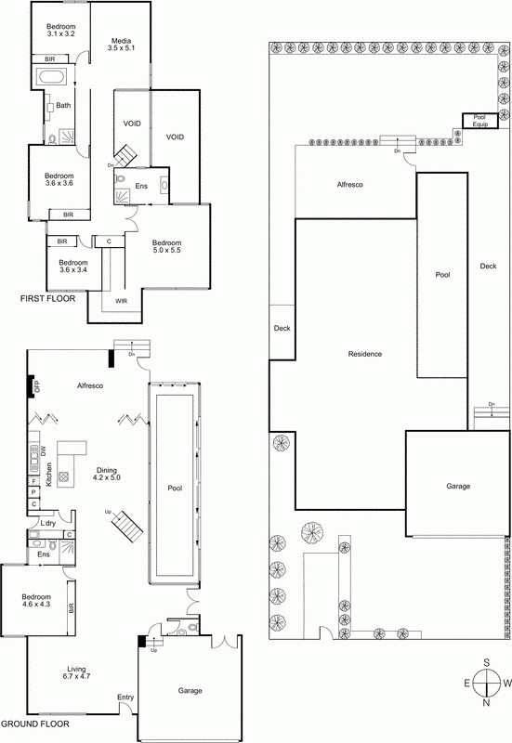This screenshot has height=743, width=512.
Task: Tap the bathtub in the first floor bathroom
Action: [52, 77]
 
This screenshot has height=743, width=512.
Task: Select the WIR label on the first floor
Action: [122, 301]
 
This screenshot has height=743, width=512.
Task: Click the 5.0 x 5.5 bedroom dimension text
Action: [166, 250]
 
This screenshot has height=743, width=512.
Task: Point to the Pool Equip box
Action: [480, 121]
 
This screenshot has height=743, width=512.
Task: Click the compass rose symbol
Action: [487, 683]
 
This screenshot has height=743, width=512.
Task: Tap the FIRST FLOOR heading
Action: [47, 298]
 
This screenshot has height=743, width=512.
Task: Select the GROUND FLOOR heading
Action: [35, 723]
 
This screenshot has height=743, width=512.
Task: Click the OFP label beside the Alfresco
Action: [37, 386]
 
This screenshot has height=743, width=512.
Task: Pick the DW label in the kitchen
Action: [44, 452]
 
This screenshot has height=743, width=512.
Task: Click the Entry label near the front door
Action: [125, 697]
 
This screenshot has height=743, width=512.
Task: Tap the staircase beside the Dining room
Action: [127, 526]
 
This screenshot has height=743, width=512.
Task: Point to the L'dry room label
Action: [48, 523]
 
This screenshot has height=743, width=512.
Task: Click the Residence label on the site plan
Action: [365, 354]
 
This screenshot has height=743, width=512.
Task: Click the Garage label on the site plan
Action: [458, 486]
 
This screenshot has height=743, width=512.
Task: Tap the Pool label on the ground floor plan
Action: [175, 489]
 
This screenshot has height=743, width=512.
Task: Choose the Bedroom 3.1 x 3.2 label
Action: [61, 31]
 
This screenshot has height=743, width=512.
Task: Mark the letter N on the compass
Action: [486, 703]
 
